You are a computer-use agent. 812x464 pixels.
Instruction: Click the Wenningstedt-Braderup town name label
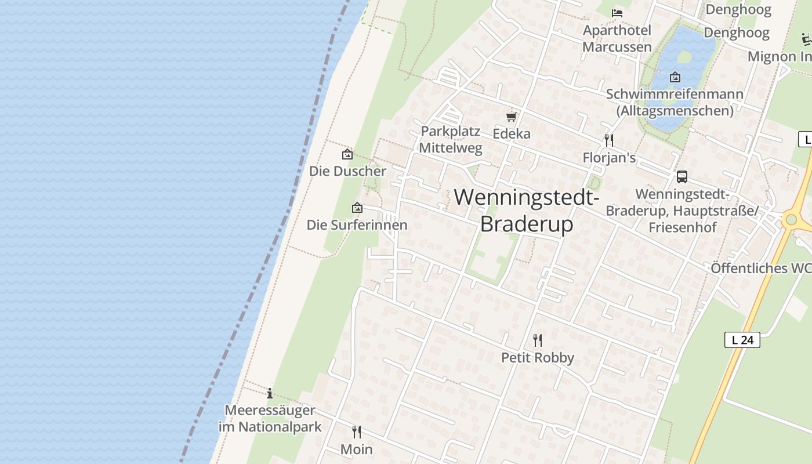click(527, 210)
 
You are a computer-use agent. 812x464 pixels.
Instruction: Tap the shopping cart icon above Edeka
click(511, 117)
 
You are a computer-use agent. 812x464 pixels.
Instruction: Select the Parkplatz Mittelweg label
click(451, 139)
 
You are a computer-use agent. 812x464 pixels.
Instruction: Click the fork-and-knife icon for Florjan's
click(608, 140)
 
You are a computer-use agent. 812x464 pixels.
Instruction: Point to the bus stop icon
click(682, 177)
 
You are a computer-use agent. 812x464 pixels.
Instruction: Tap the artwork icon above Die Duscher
click(347, 154)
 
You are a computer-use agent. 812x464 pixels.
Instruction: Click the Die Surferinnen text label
click(357, 225)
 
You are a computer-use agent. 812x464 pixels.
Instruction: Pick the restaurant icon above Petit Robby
click(538, 340)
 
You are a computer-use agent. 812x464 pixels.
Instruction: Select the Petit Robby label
click(538, 358)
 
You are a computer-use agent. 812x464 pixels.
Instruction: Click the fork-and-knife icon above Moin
click(357, 432)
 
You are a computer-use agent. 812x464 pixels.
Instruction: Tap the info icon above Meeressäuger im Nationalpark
click(270, 393)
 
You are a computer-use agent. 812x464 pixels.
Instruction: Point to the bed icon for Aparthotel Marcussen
click(617, 13)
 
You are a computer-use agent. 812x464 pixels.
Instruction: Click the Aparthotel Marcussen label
click(617, 38)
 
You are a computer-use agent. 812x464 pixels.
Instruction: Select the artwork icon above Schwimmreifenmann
click(675, 77)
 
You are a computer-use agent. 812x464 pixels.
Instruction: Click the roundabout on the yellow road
click(790, 220)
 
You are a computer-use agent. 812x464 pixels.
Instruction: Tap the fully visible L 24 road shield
click(742, 340)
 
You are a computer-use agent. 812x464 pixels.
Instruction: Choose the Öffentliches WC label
click(761, 269)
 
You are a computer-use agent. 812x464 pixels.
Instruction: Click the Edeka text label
click(512, 134)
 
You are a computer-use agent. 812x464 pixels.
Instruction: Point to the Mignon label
click(779, 56)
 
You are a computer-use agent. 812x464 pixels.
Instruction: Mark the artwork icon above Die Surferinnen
click(357, 208)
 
